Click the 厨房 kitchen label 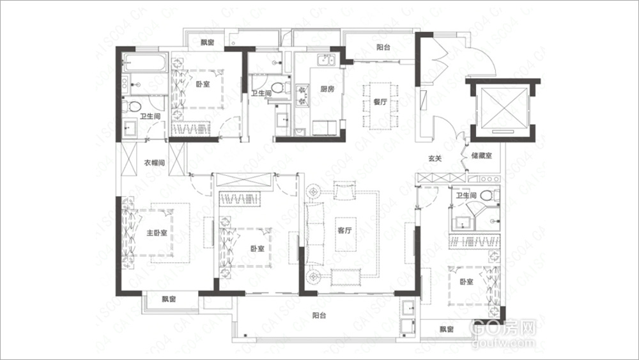point(327,89)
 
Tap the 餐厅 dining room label point(373,102)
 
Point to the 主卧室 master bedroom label point(157,233)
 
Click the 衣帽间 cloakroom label point(153,163)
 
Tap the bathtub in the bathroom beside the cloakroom point(144,64)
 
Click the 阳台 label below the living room point(319,315)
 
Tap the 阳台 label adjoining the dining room point(383,47)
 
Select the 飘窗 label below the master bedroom point(169,299)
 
